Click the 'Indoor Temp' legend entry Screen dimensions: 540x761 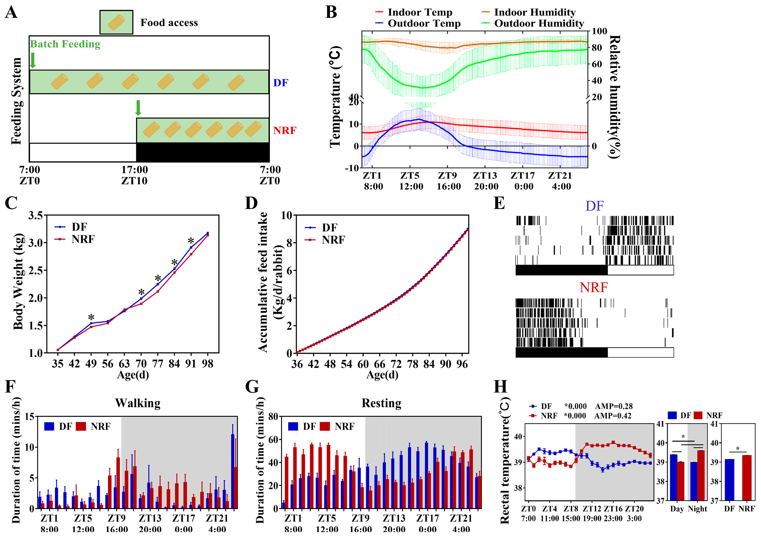[419, 12]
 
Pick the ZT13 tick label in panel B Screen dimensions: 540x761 [485, 175]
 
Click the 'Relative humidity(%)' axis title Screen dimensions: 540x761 [615, 96]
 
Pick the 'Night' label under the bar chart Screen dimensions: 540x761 [697, 509]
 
